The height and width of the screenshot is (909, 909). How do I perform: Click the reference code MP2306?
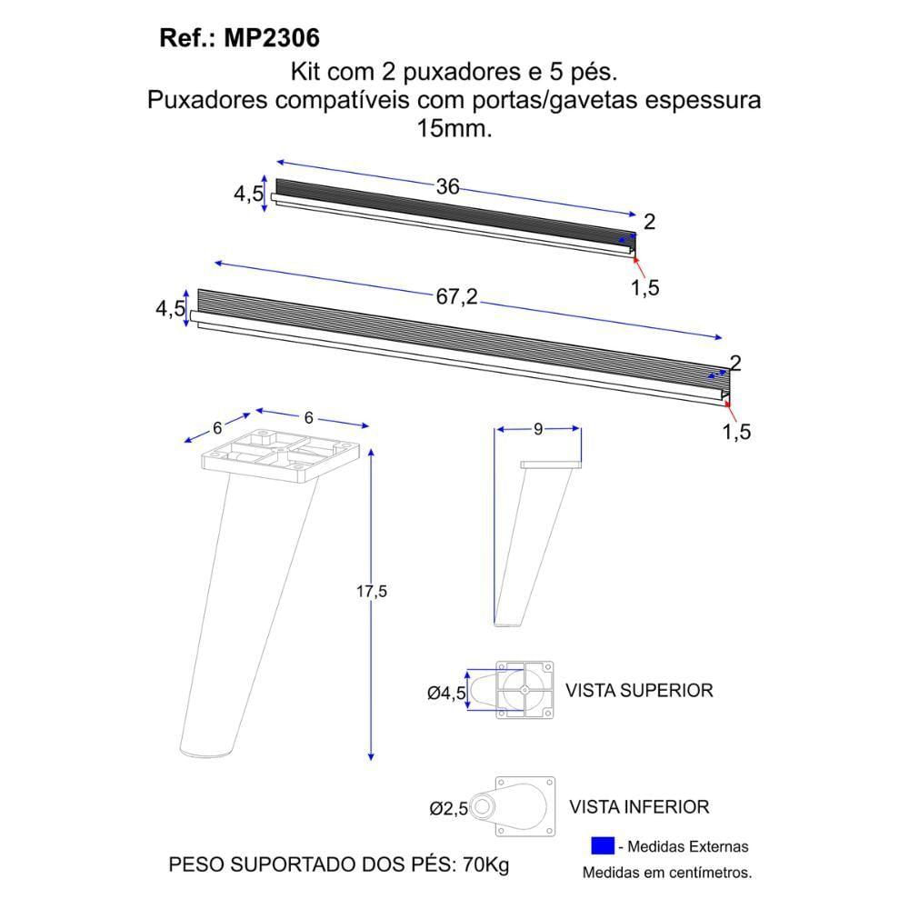(x=271, y=38)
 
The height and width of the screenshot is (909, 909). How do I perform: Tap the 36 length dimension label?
(x=447, y=186)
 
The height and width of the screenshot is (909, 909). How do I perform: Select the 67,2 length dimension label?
(x=457, y=297)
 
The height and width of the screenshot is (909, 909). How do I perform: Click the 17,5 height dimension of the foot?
(x=371, y=592)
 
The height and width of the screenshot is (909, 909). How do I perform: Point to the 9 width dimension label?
(x=538, y=429)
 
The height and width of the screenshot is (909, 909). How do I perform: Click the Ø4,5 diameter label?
(x=446, y=693)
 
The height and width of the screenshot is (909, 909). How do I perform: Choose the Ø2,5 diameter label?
(x=448, y=808)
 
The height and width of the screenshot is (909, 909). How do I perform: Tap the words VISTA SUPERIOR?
(x=639, y=691)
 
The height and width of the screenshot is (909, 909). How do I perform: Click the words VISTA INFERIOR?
(x=639, y=807)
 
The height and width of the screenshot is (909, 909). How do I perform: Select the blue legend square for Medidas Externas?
(x=603, y=845)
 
